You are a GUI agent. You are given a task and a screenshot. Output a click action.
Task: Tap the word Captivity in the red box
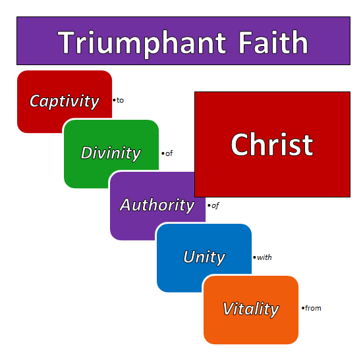[x=65, y=101]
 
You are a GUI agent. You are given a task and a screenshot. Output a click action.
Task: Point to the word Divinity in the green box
[x=111, y=153]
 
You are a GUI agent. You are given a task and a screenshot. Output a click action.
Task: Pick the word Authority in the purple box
[x=157, y=205]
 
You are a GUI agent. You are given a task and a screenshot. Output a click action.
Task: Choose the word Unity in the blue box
[x=204, y=257]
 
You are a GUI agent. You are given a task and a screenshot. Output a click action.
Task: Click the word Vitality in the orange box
[x=250, y=309]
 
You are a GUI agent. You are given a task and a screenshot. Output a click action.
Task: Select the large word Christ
[x=271, y=145]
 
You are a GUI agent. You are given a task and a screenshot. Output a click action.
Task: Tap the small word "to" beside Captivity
[x=121, y=101]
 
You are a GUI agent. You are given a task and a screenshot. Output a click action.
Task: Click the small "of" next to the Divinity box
[x=169, y=153]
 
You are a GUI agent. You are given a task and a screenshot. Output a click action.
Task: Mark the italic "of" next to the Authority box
[x=215, y=205]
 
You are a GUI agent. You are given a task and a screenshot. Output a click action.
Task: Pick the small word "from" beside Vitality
[x=313, y=308]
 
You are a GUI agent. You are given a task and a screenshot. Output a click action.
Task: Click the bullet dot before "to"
[x=114, y=101]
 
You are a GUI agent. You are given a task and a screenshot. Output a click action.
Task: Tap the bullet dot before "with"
[x=254, y=257]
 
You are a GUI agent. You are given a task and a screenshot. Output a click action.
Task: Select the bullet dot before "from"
[x=302, y=308]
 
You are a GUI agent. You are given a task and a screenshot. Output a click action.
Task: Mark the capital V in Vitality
[x=229, y=309]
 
